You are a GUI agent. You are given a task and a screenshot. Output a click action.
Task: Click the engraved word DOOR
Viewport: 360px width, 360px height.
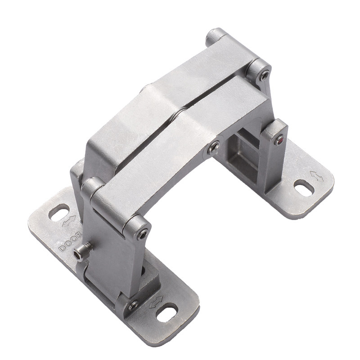71,241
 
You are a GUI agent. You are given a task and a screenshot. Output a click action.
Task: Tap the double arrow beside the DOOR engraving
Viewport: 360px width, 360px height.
69,221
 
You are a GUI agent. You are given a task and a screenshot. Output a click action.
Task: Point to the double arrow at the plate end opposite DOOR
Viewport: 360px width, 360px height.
156,301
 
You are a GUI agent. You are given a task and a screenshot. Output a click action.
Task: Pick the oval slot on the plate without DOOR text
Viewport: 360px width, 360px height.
304,188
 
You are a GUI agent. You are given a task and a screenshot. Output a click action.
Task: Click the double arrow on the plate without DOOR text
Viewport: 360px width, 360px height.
317,176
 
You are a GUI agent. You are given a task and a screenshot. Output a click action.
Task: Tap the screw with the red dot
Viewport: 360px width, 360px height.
279,140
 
